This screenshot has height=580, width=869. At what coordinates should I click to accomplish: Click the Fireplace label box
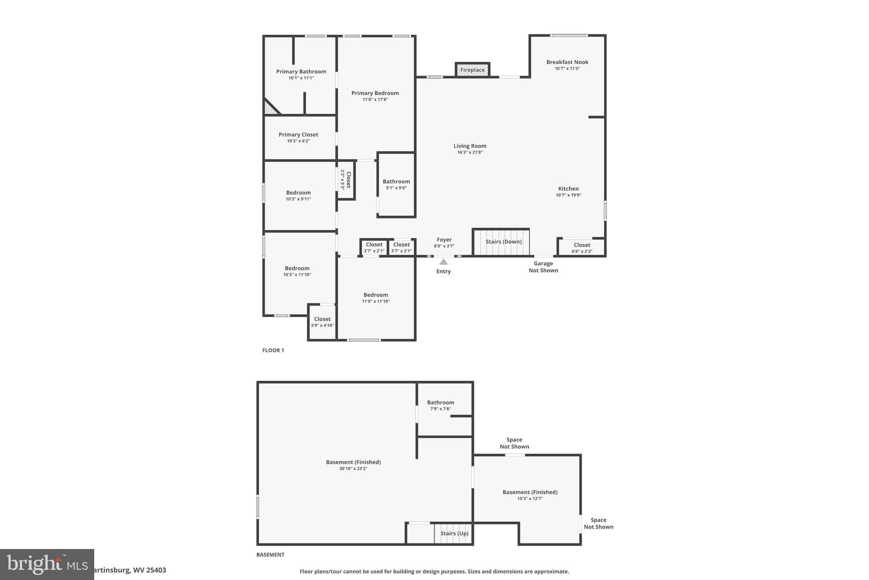[x=472, y=70]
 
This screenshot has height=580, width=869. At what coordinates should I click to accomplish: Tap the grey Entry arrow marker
[x=443, y=262]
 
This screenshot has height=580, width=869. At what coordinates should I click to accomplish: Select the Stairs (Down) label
[x=504, y=242]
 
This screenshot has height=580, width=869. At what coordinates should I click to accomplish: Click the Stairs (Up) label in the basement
[x=454, y=533]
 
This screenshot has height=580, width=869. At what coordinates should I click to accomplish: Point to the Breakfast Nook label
[x=567, y=62]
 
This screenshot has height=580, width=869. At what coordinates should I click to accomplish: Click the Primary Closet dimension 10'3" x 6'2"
[x=298, y=141]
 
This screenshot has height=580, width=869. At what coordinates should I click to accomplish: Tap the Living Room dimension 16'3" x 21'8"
[x=470, y=152]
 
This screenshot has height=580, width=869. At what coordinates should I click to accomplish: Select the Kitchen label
[x=568, y=189]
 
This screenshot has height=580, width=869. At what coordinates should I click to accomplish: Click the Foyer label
[x=444, y=240]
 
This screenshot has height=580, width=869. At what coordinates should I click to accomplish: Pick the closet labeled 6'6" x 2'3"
[x=582, y=248]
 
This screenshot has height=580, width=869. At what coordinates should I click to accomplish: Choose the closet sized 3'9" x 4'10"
[x=322, y=322]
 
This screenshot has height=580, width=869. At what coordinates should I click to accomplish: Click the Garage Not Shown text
[x=543, y=267]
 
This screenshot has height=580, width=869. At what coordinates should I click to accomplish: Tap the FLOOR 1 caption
[x=273, y=350]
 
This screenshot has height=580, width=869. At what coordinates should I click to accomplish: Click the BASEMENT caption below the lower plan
[x=270, y=555]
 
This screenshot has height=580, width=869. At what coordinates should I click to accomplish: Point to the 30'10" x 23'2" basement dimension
[x=353, y=469]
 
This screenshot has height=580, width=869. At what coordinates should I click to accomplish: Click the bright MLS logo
[x=47, y=564]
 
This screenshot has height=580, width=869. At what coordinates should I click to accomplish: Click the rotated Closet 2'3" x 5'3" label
[x=346, y=180]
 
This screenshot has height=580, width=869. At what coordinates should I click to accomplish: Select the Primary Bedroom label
[x=375, y=93]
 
